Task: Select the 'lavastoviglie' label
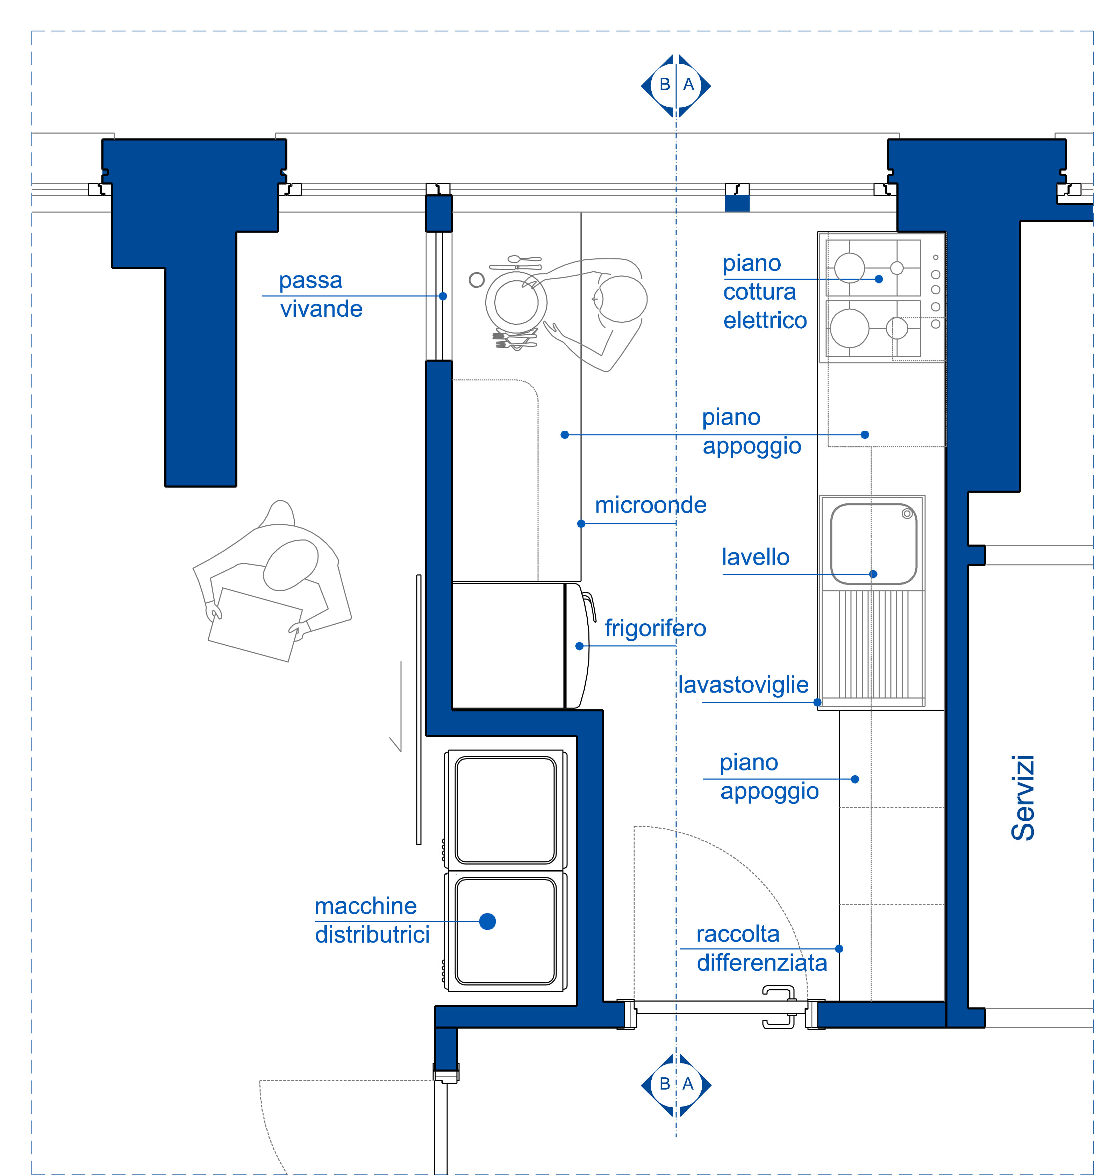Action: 743,684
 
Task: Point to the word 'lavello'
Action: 756,557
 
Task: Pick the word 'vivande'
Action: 321,309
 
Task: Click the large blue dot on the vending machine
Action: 487,921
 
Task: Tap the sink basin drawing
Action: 873,544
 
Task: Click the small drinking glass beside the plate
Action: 477,280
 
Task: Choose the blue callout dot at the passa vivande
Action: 443,296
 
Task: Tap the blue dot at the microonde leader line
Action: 581,524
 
